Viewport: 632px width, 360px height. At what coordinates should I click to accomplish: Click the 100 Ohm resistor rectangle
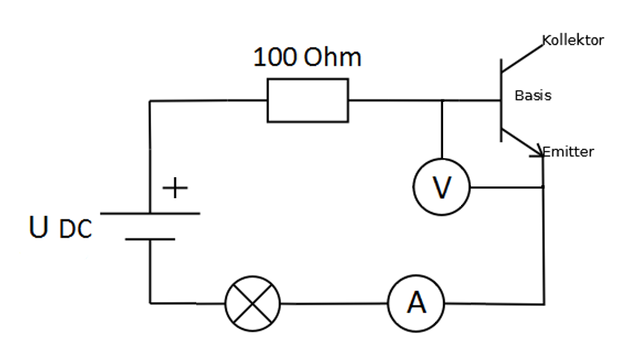point(307,100)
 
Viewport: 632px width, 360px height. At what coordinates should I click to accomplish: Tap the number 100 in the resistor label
point(275,57)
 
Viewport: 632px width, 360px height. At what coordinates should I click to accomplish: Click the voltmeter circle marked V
point(441,187)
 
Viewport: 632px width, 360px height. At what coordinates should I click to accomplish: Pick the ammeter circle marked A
point(416,303)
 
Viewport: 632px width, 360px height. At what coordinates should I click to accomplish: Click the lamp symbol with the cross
point(252,303)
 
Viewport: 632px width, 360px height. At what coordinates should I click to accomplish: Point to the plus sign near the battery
point(176,188)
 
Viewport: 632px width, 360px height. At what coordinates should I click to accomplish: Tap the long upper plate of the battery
point(150,214)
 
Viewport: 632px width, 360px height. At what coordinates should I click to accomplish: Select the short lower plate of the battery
point(150,240)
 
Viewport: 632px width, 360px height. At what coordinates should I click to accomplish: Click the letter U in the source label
point(39,227)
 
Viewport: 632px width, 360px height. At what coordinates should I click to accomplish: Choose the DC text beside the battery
point(75,230)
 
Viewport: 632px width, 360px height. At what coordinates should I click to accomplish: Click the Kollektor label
point(573,41)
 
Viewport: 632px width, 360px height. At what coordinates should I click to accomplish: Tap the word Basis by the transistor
point(533,96)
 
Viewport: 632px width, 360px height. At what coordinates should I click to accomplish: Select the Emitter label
point(568,151)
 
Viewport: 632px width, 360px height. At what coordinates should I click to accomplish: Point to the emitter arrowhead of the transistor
point(536,151)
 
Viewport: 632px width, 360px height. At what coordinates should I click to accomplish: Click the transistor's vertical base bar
point(501,100)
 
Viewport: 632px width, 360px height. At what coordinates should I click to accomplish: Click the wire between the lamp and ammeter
point(333,303)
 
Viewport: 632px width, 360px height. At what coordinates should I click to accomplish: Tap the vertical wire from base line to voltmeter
point(442,130)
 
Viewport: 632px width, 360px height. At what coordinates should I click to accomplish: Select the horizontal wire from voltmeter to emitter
point(506,186)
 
